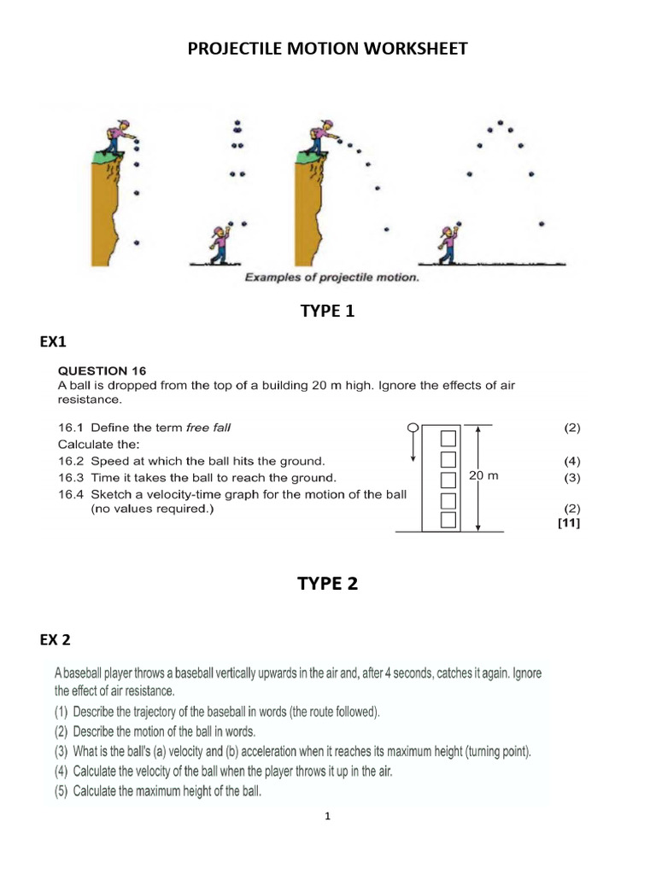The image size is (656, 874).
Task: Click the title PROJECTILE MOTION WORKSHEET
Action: [x=328, y=49]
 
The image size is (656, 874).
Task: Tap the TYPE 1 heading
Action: [x=327, y=312]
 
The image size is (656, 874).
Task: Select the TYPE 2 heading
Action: [x=327, y=584]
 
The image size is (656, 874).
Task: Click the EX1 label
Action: [x=52, y=341]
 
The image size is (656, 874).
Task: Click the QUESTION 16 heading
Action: [x=102, y=370]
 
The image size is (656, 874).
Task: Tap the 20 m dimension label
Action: [x=483, y=475]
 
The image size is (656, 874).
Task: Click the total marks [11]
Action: [x=568, y=523]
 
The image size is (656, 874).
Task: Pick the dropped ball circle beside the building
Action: [x=413, y=427]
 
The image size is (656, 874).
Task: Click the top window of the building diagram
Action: [x=448, y=439]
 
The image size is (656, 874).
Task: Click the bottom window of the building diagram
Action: [x=448, y=519]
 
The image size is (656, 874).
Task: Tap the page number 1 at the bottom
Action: [x=327, y=816]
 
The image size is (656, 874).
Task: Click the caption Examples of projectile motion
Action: [x=331, y=277]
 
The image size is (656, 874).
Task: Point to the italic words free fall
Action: [x=211, y=427]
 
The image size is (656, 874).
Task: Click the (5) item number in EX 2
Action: [x=62, y=790]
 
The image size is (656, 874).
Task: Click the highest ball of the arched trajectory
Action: [x=501, y=122]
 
